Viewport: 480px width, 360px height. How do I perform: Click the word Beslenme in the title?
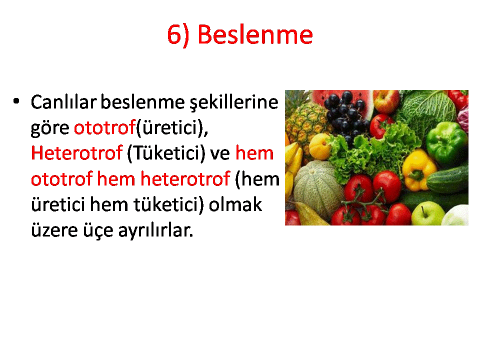click(x=255, y=34)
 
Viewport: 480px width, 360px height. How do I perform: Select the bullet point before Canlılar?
click(x=16, y=101)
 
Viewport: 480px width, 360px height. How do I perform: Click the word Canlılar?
click(x=63, y=102)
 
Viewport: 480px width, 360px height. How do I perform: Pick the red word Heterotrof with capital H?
click(x=77, y=153)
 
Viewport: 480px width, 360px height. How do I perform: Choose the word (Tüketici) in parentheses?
click(x=166, y=153)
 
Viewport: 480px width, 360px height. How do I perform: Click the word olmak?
click(x=235, y=204)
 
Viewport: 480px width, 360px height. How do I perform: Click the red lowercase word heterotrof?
click(x=185, y=179)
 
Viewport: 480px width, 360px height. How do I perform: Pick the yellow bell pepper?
click(x=418, y=170)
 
